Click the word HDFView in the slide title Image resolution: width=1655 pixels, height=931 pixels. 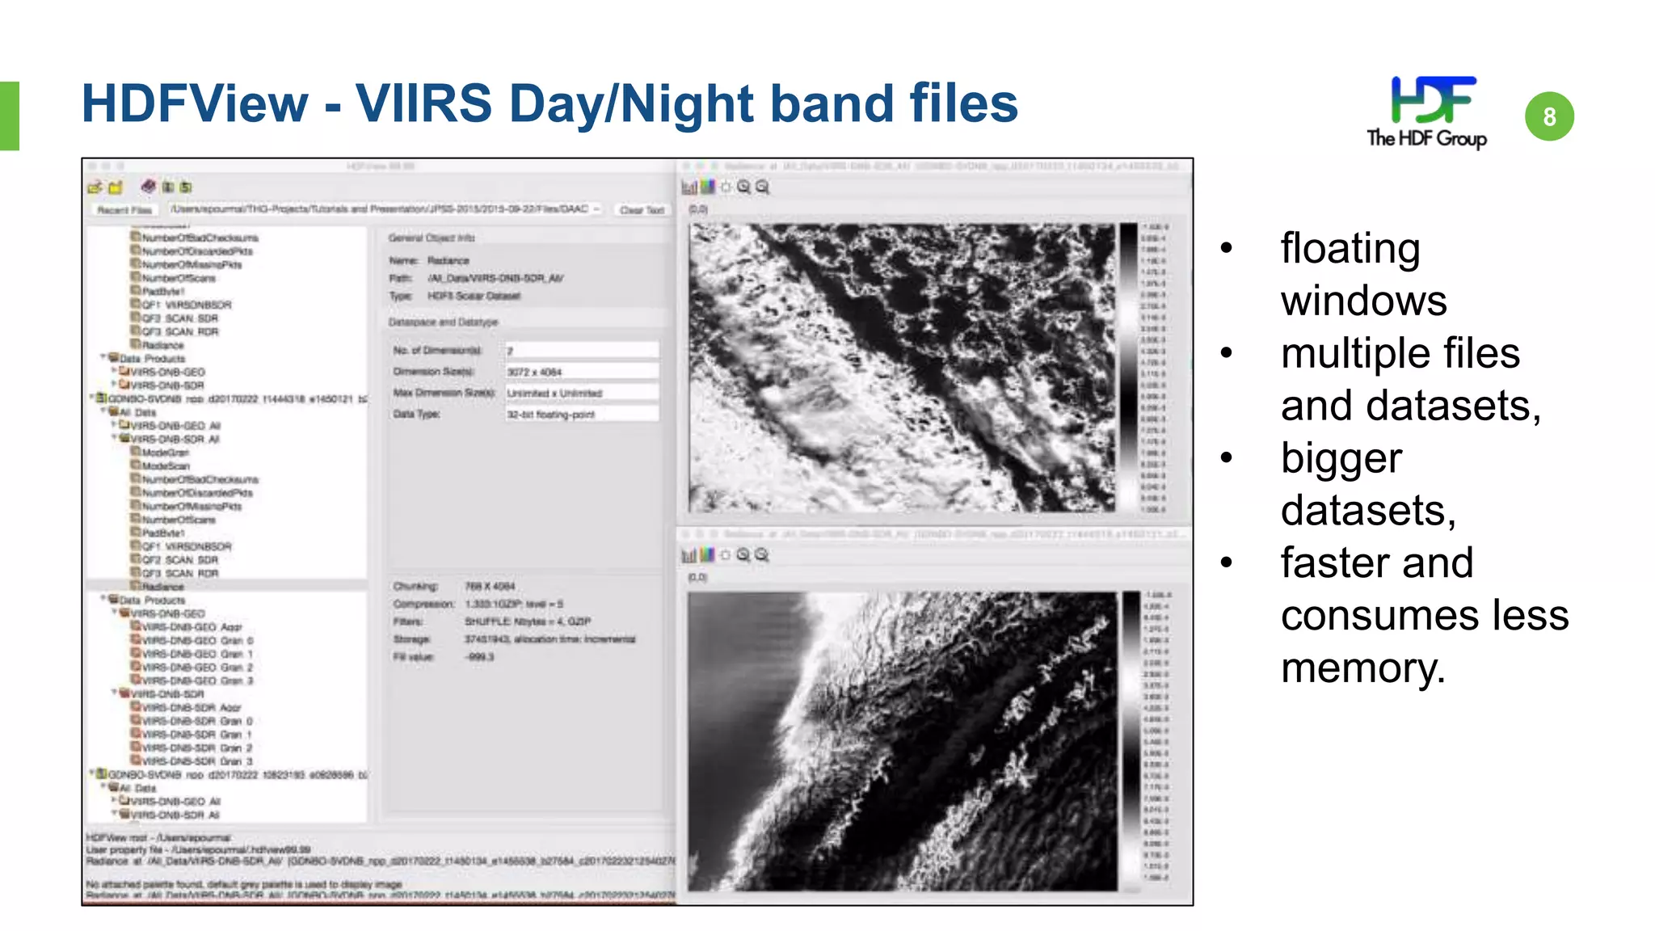[x=195, y=104]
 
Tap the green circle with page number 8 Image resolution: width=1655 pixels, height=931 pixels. [x=1549, y=116]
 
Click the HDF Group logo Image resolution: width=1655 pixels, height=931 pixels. [x=1426, y=112]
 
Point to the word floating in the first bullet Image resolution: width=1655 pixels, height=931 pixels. [x=1350, y=248]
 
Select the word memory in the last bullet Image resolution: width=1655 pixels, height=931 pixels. [x=1362, y=668]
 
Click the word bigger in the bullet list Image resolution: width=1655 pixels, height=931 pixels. [x=1341, y=458]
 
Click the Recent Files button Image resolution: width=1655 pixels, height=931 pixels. [x=124, y=210]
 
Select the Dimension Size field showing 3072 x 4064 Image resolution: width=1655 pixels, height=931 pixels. [x=581, y=372]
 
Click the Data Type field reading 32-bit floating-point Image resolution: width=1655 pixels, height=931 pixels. [x=581, y=414]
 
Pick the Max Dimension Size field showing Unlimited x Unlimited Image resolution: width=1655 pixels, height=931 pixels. [x=581, y=393]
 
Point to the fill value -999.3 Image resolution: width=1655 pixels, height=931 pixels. [x=479, y=657]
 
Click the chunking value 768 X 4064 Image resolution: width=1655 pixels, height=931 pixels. [x=490, y=586]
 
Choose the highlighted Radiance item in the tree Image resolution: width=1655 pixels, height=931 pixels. [x=162, y=587]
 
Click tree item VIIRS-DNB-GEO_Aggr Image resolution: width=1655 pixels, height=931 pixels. [x=192, y=627]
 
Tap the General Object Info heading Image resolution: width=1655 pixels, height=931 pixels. [x=432, y=238]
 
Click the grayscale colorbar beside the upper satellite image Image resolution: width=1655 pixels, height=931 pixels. [x=1128, y=368]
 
